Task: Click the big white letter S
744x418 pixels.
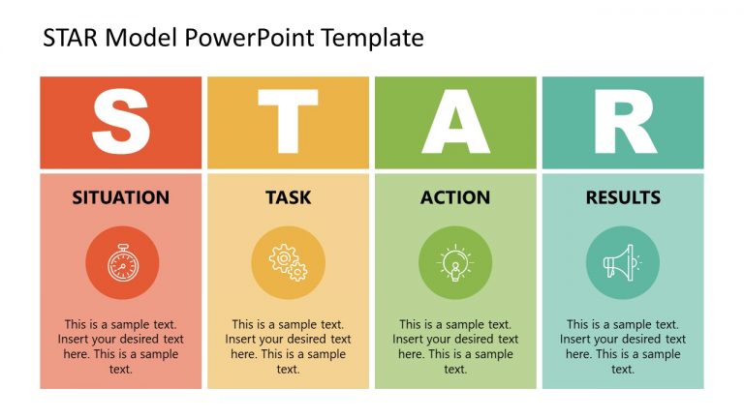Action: pyautogui.click(x=121, y=123)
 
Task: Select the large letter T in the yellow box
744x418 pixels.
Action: pyautogui.click(x=288, y=123)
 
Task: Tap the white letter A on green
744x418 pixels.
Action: pyautogui.click(x=455, y=123)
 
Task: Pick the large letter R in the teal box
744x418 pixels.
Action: pyautogui.click(x=623, y=123)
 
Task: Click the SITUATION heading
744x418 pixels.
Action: pyautogui.click(x=121, y=197)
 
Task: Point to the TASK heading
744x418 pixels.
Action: pyautogui.click(x=289, y=197)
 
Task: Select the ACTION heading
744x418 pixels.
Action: pyautogui.click(x=455, y=197)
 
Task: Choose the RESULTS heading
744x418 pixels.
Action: pyautogui.click(x=623, y=197)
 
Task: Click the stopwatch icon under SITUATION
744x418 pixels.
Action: pyautogui.click(x=121, y=263)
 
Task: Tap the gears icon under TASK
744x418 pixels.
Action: pyautogui.click(x=289, y=263)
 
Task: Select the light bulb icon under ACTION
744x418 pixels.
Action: pyautogui.click(x=455, y=263)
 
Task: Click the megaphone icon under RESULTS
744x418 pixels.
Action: pyautogui.click(x=623, y=263)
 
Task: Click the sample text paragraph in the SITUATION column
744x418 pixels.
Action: pyautogui.click(x=121, y=346)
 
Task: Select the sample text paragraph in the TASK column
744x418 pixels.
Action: pyautogui.click(x=289, y=346)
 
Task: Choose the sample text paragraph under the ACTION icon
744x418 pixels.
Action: pyautogui.click(x=455, y=346)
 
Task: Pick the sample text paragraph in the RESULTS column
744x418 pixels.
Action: pyautogui.click(x=623, y=346)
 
